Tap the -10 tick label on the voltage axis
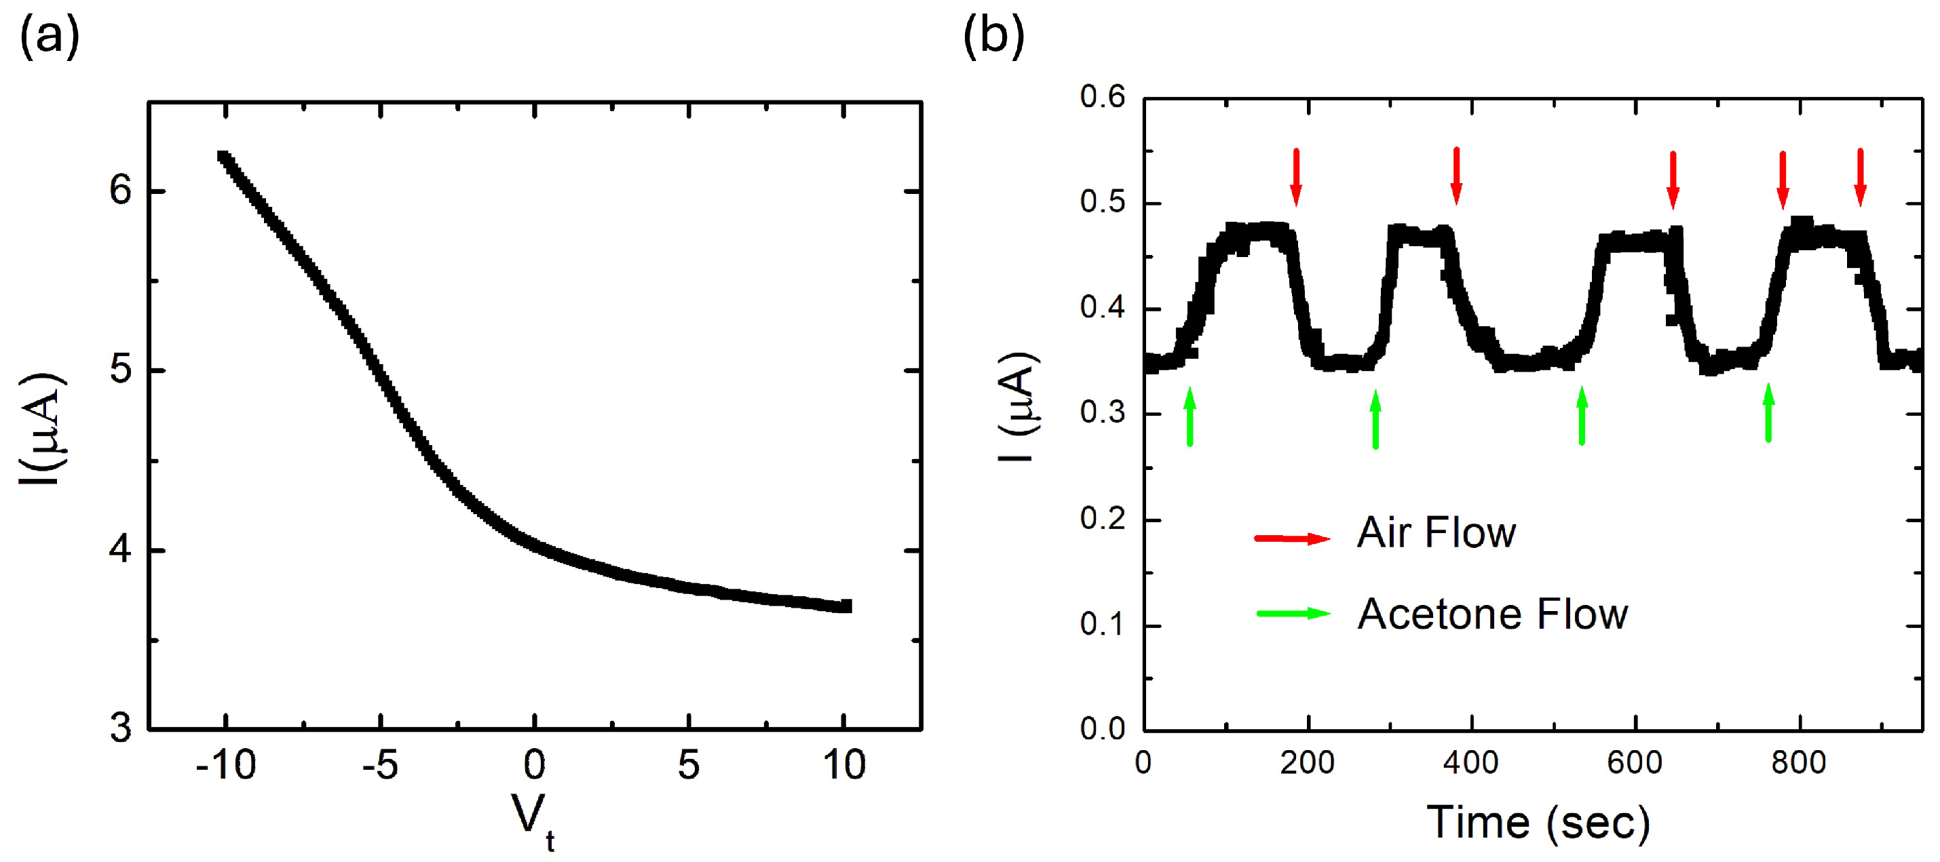(226, 766)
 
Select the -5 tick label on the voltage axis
(380, 766)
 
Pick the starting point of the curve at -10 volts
(224, 157)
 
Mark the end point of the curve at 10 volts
(845, 606)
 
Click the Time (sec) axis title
(1538, 822)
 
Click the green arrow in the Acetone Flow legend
(1293, 614)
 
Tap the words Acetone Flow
(1492, 614)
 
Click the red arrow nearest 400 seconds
(1456, 176)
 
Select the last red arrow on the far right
(1860, 178)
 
